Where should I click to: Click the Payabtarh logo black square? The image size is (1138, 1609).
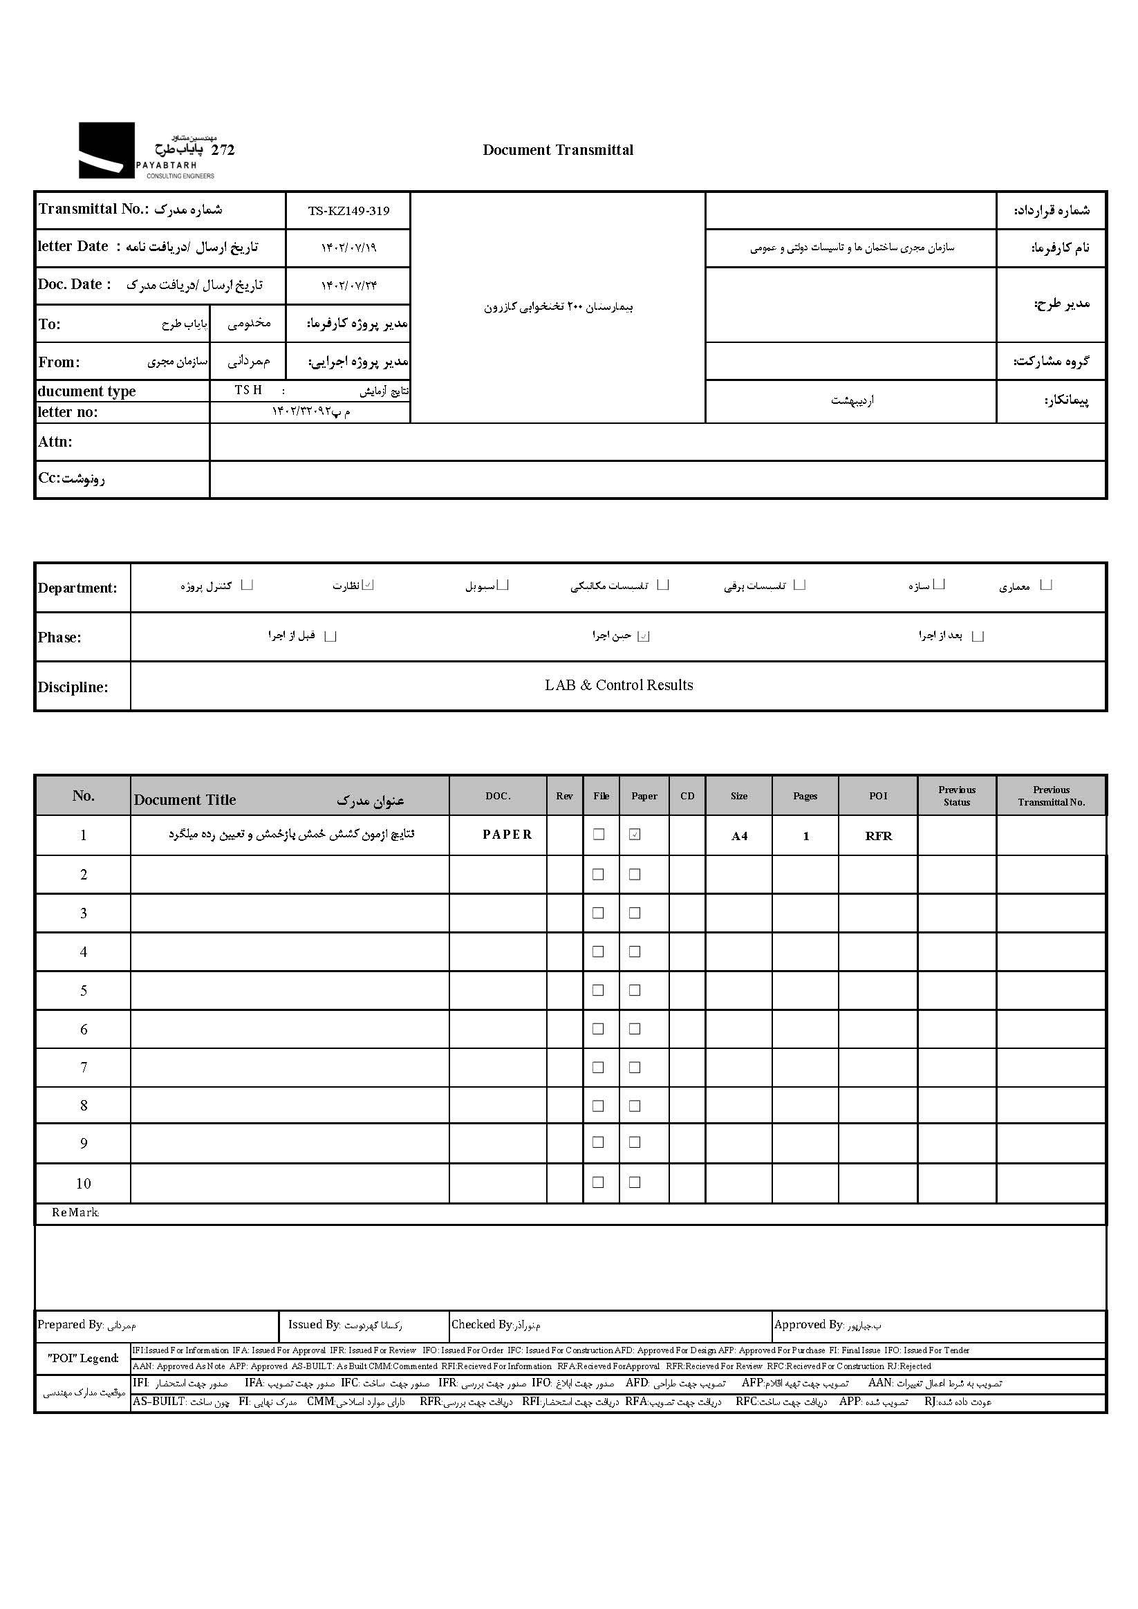pyautogui.click(x=106, y=150)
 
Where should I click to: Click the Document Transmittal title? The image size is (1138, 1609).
pyautogui.click(x=558, y=150)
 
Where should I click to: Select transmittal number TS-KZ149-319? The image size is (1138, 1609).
pyautogui.click(x=348, y=211)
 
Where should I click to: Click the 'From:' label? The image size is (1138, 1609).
pyautogui.click(x=59, y=362)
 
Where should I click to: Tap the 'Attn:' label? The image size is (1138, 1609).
pyautogui.click(x=55, y=442)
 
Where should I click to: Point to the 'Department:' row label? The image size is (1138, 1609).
pyautogui.click(x=78, y=588)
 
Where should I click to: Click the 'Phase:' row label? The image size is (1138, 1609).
pyautogui.click(x=59, y=638)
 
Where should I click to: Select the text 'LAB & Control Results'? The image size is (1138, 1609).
pyautogui.click(x=619, y=685)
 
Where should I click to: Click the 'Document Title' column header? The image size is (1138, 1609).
pyautogui.click(x=185, y=799)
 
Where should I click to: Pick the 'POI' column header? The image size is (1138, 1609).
pyautogui.click(x=878, y=796)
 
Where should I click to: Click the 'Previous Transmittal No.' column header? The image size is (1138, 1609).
pyautogui.click(x=1051, y=796)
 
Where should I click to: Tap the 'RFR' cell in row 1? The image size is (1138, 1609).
pyautogui.click(x=879, y=836)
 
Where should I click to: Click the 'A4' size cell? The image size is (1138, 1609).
pyautogui.click(x=739, y=836)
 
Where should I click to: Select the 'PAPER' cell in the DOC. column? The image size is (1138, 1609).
pyautogui.click(x=507, y=835)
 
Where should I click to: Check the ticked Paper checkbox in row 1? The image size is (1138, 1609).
pyautogui.click(x=635, y=835)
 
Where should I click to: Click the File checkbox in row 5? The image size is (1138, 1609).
pyautogui.click(x=599, y=990)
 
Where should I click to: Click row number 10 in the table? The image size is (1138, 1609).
pyautogui.click(x=84, y=1184)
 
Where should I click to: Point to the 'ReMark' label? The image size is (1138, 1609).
pyautogui.click(x=75, y=1213)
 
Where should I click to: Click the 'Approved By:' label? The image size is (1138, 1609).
pyautogui.click(x=809, y=1325)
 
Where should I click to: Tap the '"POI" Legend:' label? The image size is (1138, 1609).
pyautogui.click(x=83, y=1358)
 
